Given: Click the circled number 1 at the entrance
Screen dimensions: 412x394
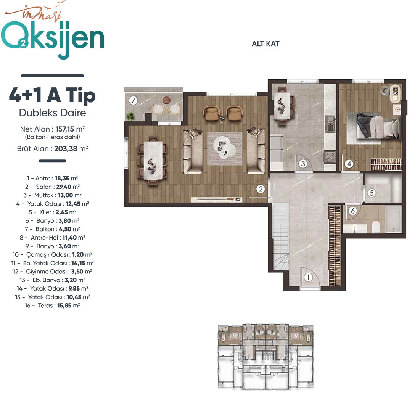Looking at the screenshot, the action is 308,277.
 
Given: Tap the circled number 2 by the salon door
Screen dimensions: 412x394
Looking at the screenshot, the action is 261,189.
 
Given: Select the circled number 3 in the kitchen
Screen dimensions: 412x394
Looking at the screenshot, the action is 303,164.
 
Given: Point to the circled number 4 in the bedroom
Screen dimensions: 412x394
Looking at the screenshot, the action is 349,164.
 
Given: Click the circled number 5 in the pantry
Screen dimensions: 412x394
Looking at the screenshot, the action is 372,193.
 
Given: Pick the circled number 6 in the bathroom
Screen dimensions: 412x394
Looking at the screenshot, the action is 353,211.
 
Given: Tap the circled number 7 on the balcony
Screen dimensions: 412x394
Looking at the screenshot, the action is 134,100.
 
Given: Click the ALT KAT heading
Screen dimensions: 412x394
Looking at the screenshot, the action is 266,43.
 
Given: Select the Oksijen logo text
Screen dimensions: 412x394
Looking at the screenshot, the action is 53,39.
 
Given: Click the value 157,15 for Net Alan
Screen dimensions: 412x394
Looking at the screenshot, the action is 64,129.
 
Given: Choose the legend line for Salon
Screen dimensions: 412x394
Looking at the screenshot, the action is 52,187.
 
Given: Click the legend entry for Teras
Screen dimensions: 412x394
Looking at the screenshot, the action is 52,306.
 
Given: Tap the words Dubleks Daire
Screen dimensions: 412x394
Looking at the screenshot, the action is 53,113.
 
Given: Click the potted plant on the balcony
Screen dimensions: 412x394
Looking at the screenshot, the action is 130,116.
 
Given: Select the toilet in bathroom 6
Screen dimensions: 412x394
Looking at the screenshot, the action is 376,227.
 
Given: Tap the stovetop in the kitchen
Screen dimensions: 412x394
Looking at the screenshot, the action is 330,157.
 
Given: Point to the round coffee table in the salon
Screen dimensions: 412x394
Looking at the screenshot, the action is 224,148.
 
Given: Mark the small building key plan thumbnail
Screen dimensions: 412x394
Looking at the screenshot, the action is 266,356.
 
